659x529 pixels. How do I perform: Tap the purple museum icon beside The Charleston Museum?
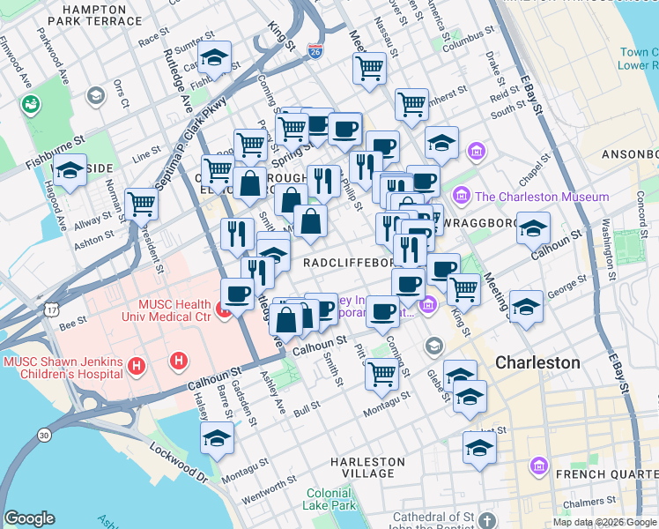(460, 196)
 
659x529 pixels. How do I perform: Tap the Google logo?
(28, 518)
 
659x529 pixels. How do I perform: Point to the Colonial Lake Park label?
(331, 500)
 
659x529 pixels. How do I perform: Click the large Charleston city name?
(537, 362)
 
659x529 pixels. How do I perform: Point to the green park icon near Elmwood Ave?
(31, 105)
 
